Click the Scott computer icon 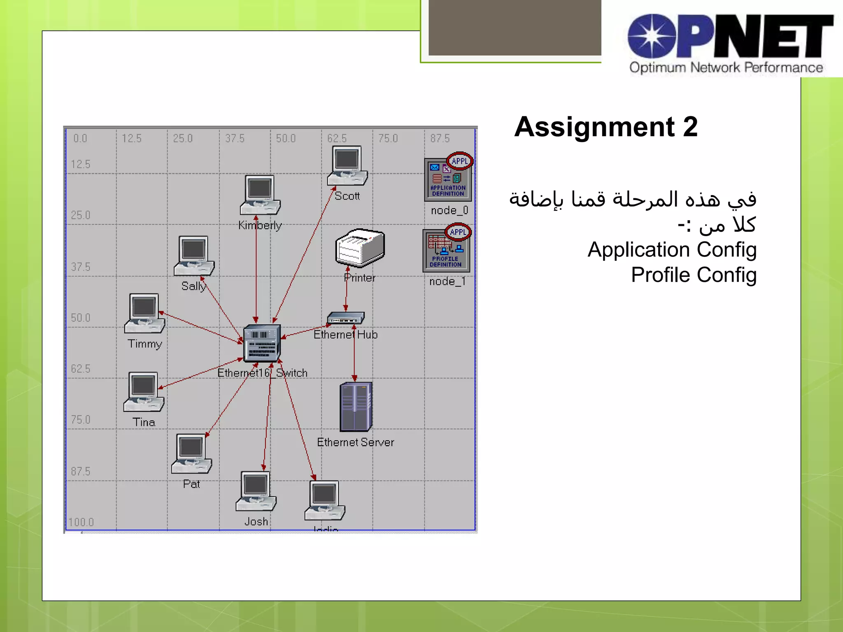tap(347, 166)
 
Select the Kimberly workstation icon tap(260, 195)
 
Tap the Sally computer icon tap(194, 256)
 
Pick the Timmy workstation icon tap(144, 313)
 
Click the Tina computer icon tap(144, 392)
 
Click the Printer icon tap(360, 248)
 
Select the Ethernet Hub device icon tap(346, 318)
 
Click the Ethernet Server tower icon tap(356, 407)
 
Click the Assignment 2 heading tap(606, 127)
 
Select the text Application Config tap(672, 250)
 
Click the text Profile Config tap(694, 275)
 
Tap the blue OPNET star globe tap(652, 36)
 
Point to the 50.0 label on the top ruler tap(286, 138)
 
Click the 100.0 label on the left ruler tap(81, 522)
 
